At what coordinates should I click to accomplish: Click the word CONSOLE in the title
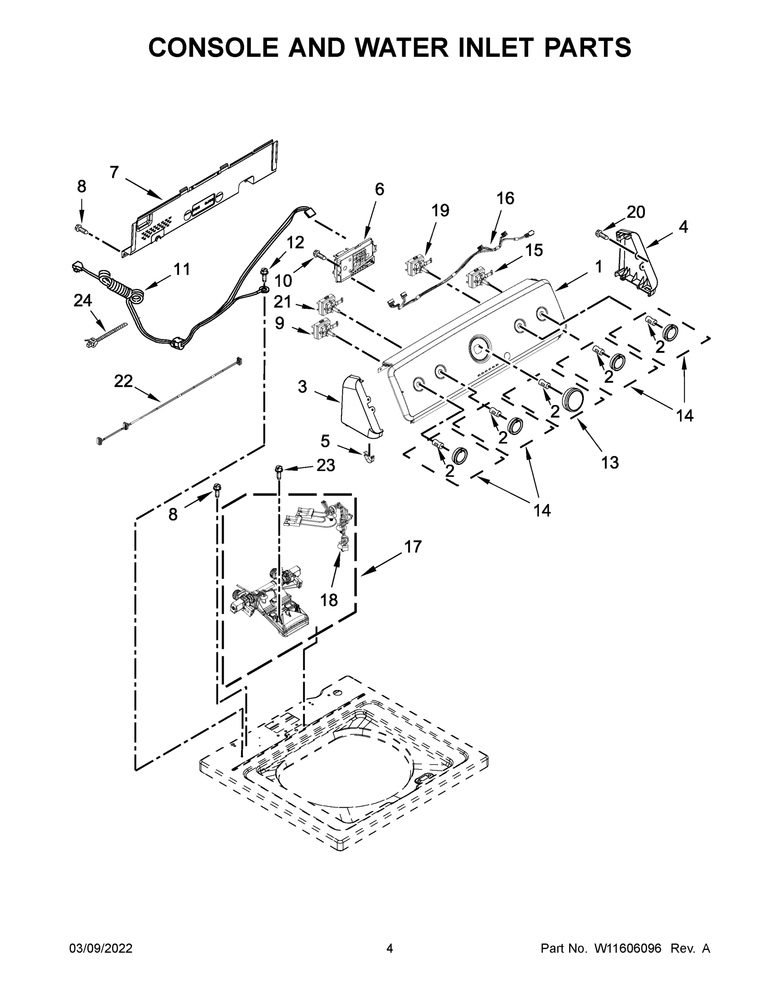213,47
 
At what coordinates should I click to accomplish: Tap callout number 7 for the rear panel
115,172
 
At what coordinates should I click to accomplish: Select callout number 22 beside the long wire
123,381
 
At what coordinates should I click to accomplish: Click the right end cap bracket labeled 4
637,263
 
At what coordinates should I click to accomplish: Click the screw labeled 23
279,470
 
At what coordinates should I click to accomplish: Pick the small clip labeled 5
370,456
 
